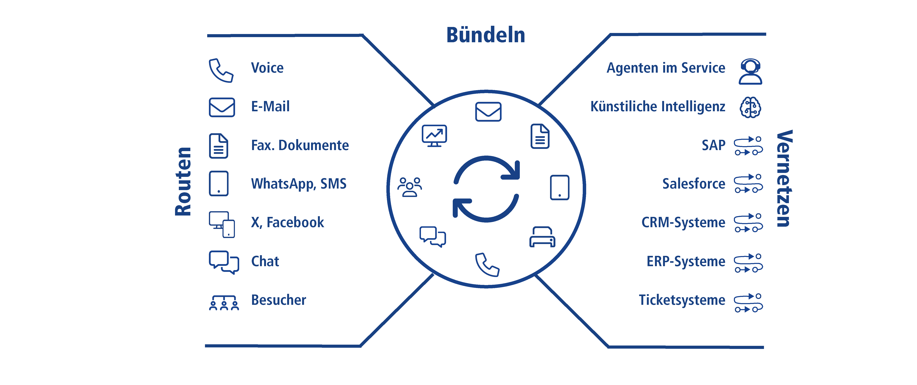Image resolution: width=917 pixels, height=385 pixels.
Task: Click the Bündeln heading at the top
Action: pos(486,35)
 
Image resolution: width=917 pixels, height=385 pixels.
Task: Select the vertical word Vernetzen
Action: pos(784,178)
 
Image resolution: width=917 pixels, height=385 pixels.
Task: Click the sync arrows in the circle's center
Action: pos(486,189)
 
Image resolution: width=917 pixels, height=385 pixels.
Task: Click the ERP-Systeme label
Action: pos(686,261)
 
